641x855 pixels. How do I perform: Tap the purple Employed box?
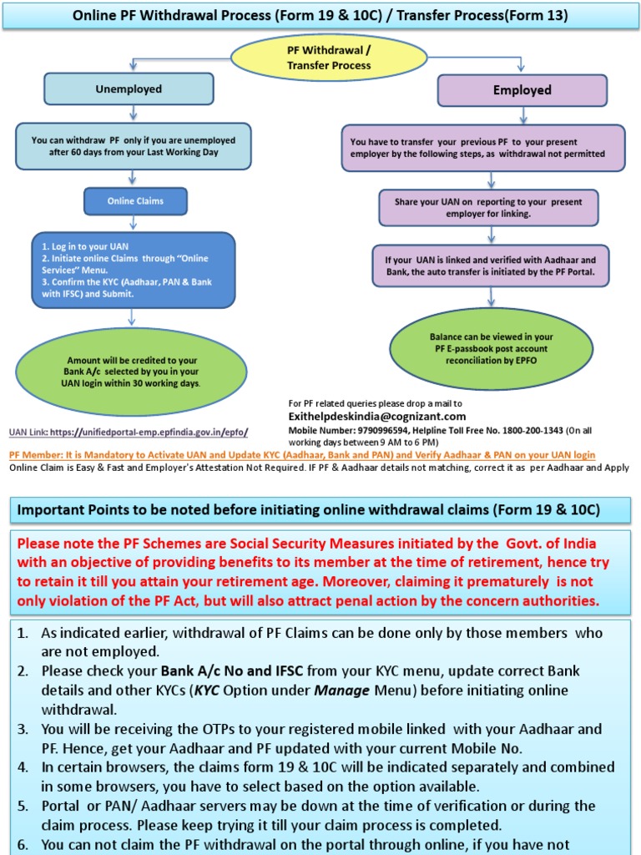coord(522,90)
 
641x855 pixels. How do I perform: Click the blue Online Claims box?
coord(135,201)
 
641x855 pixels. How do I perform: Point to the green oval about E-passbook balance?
coord(492,342)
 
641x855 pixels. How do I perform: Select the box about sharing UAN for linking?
coord(490,208)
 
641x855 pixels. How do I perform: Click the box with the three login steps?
coord(134,270)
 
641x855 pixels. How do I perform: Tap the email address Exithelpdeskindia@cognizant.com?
coord(376,416)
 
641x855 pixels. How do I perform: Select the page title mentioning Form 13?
coord(320,15)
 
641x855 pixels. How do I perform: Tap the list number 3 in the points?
coord(23,729)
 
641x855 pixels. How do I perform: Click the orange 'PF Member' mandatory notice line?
coord(302,455)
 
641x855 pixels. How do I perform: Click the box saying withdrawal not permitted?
coord(482,148)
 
